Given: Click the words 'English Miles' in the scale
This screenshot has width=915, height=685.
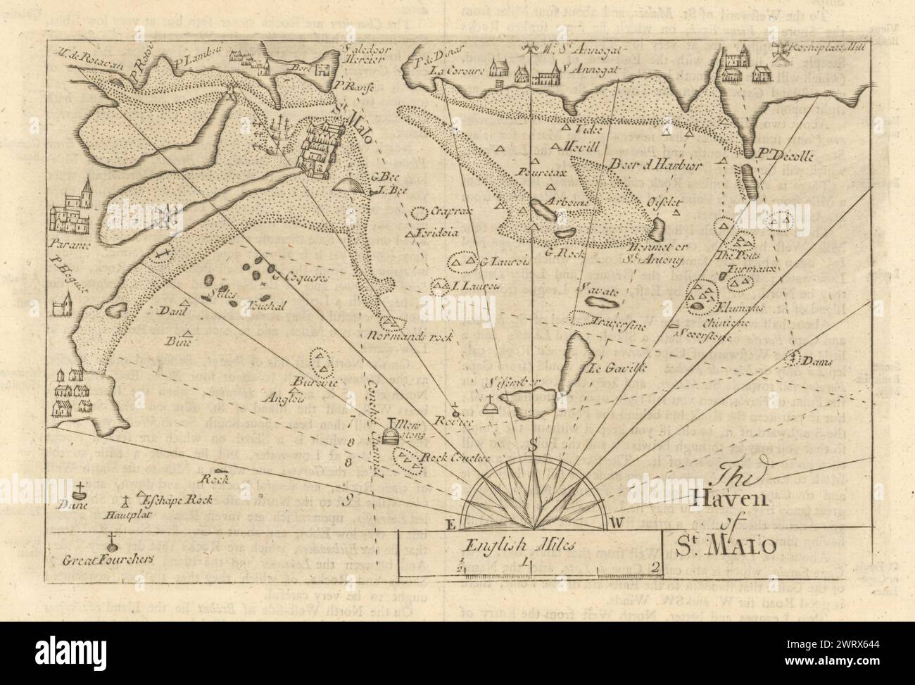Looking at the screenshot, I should [x=499, y=543].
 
